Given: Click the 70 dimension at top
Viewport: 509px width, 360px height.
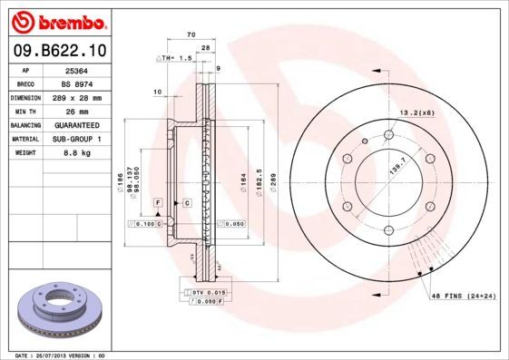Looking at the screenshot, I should tap(191, 34).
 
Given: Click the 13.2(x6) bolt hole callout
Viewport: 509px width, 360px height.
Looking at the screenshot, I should tap(416, 112).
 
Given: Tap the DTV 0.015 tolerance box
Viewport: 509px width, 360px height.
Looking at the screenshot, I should tap(208, 292).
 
